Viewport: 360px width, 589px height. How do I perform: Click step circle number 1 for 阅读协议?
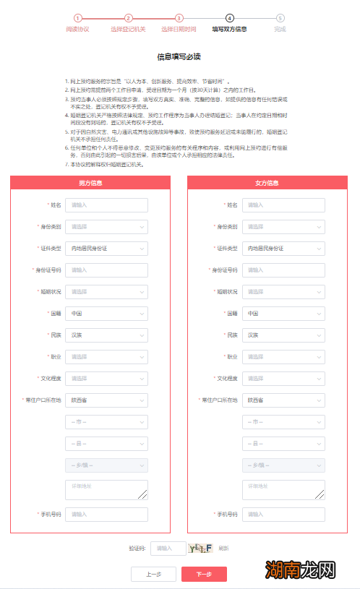tap(77, 18)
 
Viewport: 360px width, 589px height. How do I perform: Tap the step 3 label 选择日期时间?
tap(179, 30)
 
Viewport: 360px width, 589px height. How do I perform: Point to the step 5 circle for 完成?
tap(280, 18)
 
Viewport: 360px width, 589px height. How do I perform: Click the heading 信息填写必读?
tap(179, 56)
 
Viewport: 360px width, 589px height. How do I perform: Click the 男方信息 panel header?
tap(90, 183)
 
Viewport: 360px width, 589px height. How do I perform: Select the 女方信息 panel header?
tap(267, 183)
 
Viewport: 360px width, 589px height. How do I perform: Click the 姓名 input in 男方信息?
tap(107, 205)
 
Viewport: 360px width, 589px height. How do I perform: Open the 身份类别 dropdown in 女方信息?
tap(283, 227)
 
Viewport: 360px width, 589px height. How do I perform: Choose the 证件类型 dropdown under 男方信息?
tap(107, 249)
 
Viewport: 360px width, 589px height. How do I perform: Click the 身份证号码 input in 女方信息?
tap(283, 270)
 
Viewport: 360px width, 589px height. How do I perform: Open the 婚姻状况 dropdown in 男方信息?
tap(107, 292)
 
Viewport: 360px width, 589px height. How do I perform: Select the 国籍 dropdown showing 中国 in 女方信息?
tap(283, 314)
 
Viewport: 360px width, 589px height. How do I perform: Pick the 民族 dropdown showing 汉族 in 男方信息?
tap(107, 335)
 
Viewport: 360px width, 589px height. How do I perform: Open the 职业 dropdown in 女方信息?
tap(283, 357)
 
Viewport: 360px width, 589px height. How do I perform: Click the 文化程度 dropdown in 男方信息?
tap(107, 379)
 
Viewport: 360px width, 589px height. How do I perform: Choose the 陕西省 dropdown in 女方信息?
tap(283, 400)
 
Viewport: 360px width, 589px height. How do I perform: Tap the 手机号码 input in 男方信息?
tap(107, 515)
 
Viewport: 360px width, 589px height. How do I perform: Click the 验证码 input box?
tap(168, 549)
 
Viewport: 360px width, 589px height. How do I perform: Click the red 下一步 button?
tap(204, 574)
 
